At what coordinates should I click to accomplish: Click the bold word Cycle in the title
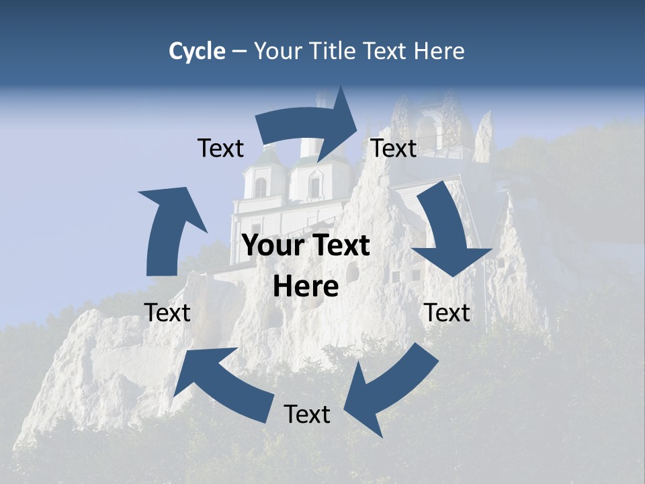point(196,51)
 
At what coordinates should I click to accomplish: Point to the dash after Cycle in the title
point(239,51)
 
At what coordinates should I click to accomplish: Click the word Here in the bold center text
point(306,287)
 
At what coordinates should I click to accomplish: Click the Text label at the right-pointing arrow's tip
point(394,149)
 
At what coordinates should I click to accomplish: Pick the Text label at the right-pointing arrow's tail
point(220,149)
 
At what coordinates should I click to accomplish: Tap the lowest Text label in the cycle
point(307,415)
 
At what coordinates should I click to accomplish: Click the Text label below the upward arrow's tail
point(167,313)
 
